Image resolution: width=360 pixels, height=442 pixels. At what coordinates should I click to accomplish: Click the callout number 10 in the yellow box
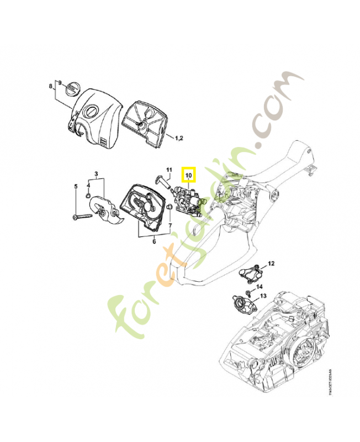point(189,176)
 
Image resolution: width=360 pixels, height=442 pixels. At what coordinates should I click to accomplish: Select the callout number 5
point(76,186)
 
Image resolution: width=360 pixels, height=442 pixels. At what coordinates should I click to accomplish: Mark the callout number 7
point(170,225)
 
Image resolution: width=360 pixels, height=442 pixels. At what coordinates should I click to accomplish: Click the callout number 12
point(271,263)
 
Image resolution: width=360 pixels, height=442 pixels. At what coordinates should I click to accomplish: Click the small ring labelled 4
point(88,196)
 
